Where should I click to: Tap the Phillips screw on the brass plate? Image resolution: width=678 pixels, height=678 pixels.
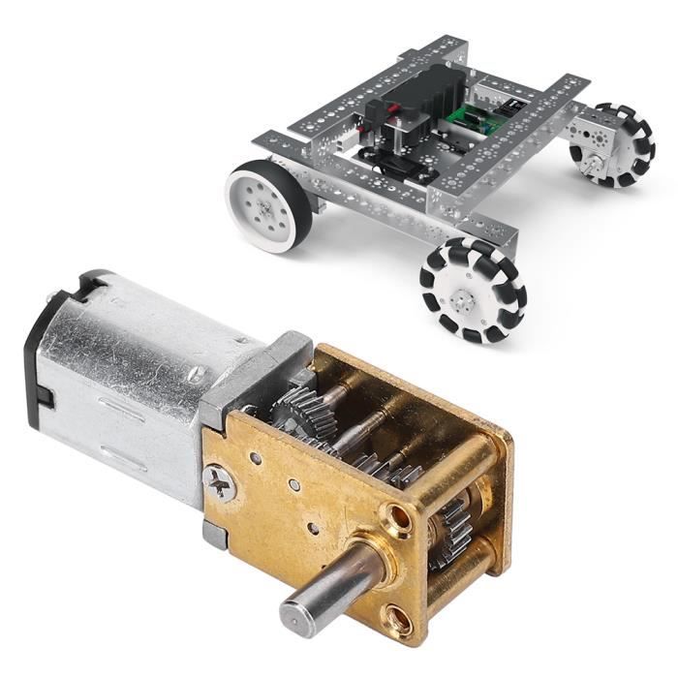[x=222, y=482]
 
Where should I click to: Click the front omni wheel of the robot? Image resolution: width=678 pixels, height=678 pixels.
[x=472, y=288]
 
